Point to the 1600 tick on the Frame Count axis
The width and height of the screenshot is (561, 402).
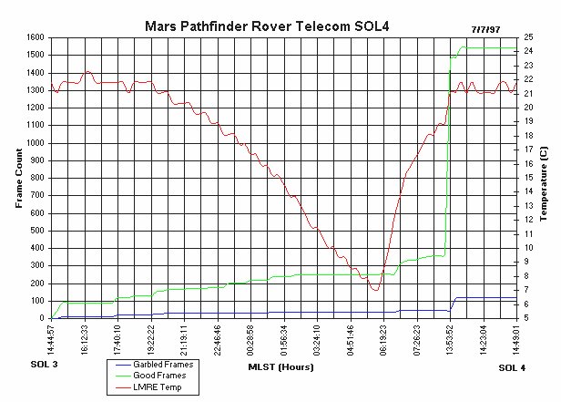tap(35, 37)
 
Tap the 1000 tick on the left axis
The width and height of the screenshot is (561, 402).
tap(35, 143)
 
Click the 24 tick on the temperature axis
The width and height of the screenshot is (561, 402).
tap(529, 51)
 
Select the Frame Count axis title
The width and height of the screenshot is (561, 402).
tap(17, 178)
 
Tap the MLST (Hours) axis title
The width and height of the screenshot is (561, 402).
tap(280, 367)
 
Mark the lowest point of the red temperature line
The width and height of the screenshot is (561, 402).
tap(374, 290)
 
